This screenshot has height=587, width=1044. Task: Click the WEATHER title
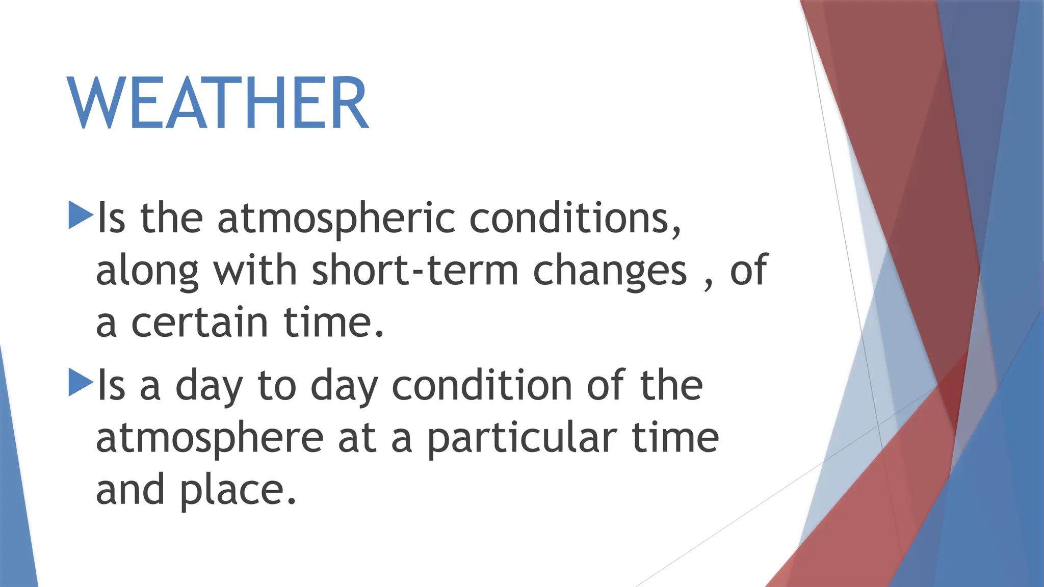click(x=218, y=103)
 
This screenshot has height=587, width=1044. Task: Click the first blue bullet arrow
click(x=80, y=215)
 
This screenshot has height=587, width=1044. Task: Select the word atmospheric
click(x=336, y=219)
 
